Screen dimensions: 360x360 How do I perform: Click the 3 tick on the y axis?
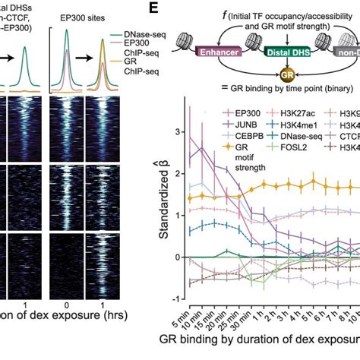click(179, 131)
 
